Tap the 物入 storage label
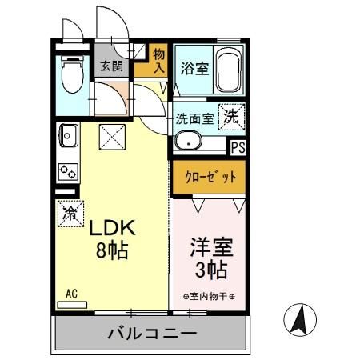158,60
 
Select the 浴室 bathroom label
194,68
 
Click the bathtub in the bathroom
230,70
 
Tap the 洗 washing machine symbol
230,115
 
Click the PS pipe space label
238,147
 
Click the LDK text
112,228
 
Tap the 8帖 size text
113,249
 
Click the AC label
70,293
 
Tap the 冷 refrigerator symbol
70,214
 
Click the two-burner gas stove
67,170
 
